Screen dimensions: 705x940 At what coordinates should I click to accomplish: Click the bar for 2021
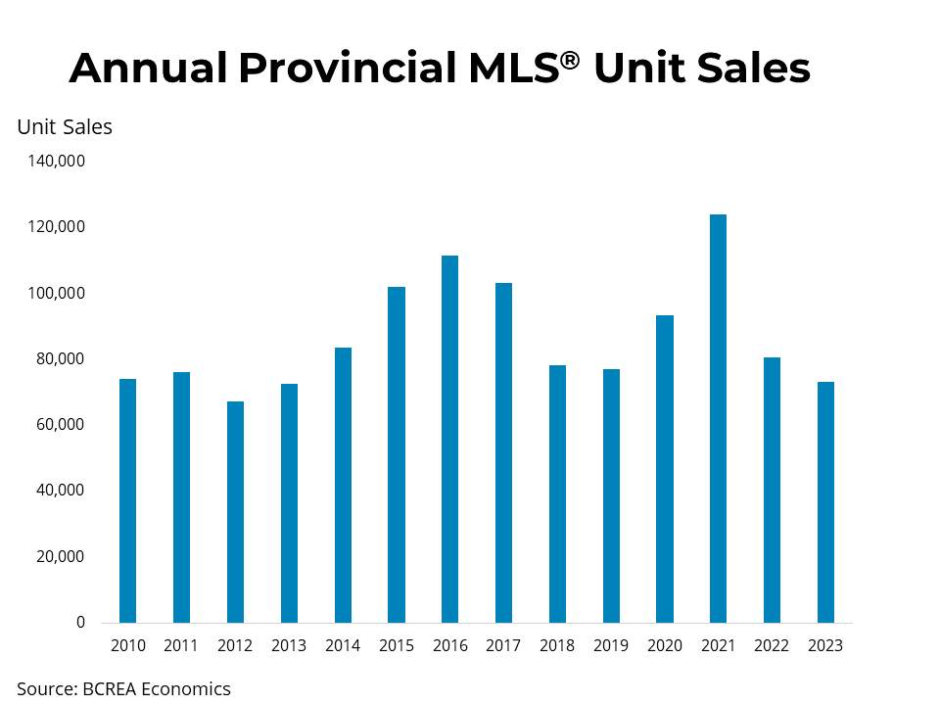[x=718, y=418]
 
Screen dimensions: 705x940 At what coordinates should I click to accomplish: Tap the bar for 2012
[x=235, y=511]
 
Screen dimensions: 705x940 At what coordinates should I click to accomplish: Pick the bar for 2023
[x=825, y=501]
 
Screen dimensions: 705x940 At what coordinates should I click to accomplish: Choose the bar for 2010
[x=127, y=500]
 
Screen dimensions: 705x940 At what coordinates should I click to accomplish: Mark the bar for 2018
[x=557, y=493]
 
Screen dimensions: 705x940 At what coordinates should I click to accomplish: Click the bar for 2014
[x=343, y=485]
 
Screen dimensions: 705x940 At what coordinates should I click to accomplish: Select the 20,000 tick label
[x=61, y=556]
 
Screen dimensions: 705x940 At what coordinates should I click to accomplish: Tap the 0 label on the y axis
[x=81, y=623]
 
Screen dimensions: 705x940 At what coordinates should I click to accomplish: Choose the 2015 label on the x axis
[x=396, y=645]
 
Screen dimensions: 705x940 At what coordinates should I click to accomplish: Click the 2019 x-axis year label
[x=611, y=645]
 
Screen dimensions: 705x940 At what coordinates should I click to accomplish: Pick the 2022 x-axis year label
[x=772, y=645]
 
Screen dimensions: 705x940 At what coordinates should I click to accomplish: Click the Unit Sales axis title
[x=65, y=127]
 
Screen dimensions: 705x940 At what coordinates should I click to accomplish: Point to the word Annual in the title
[x=148, y=69]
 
